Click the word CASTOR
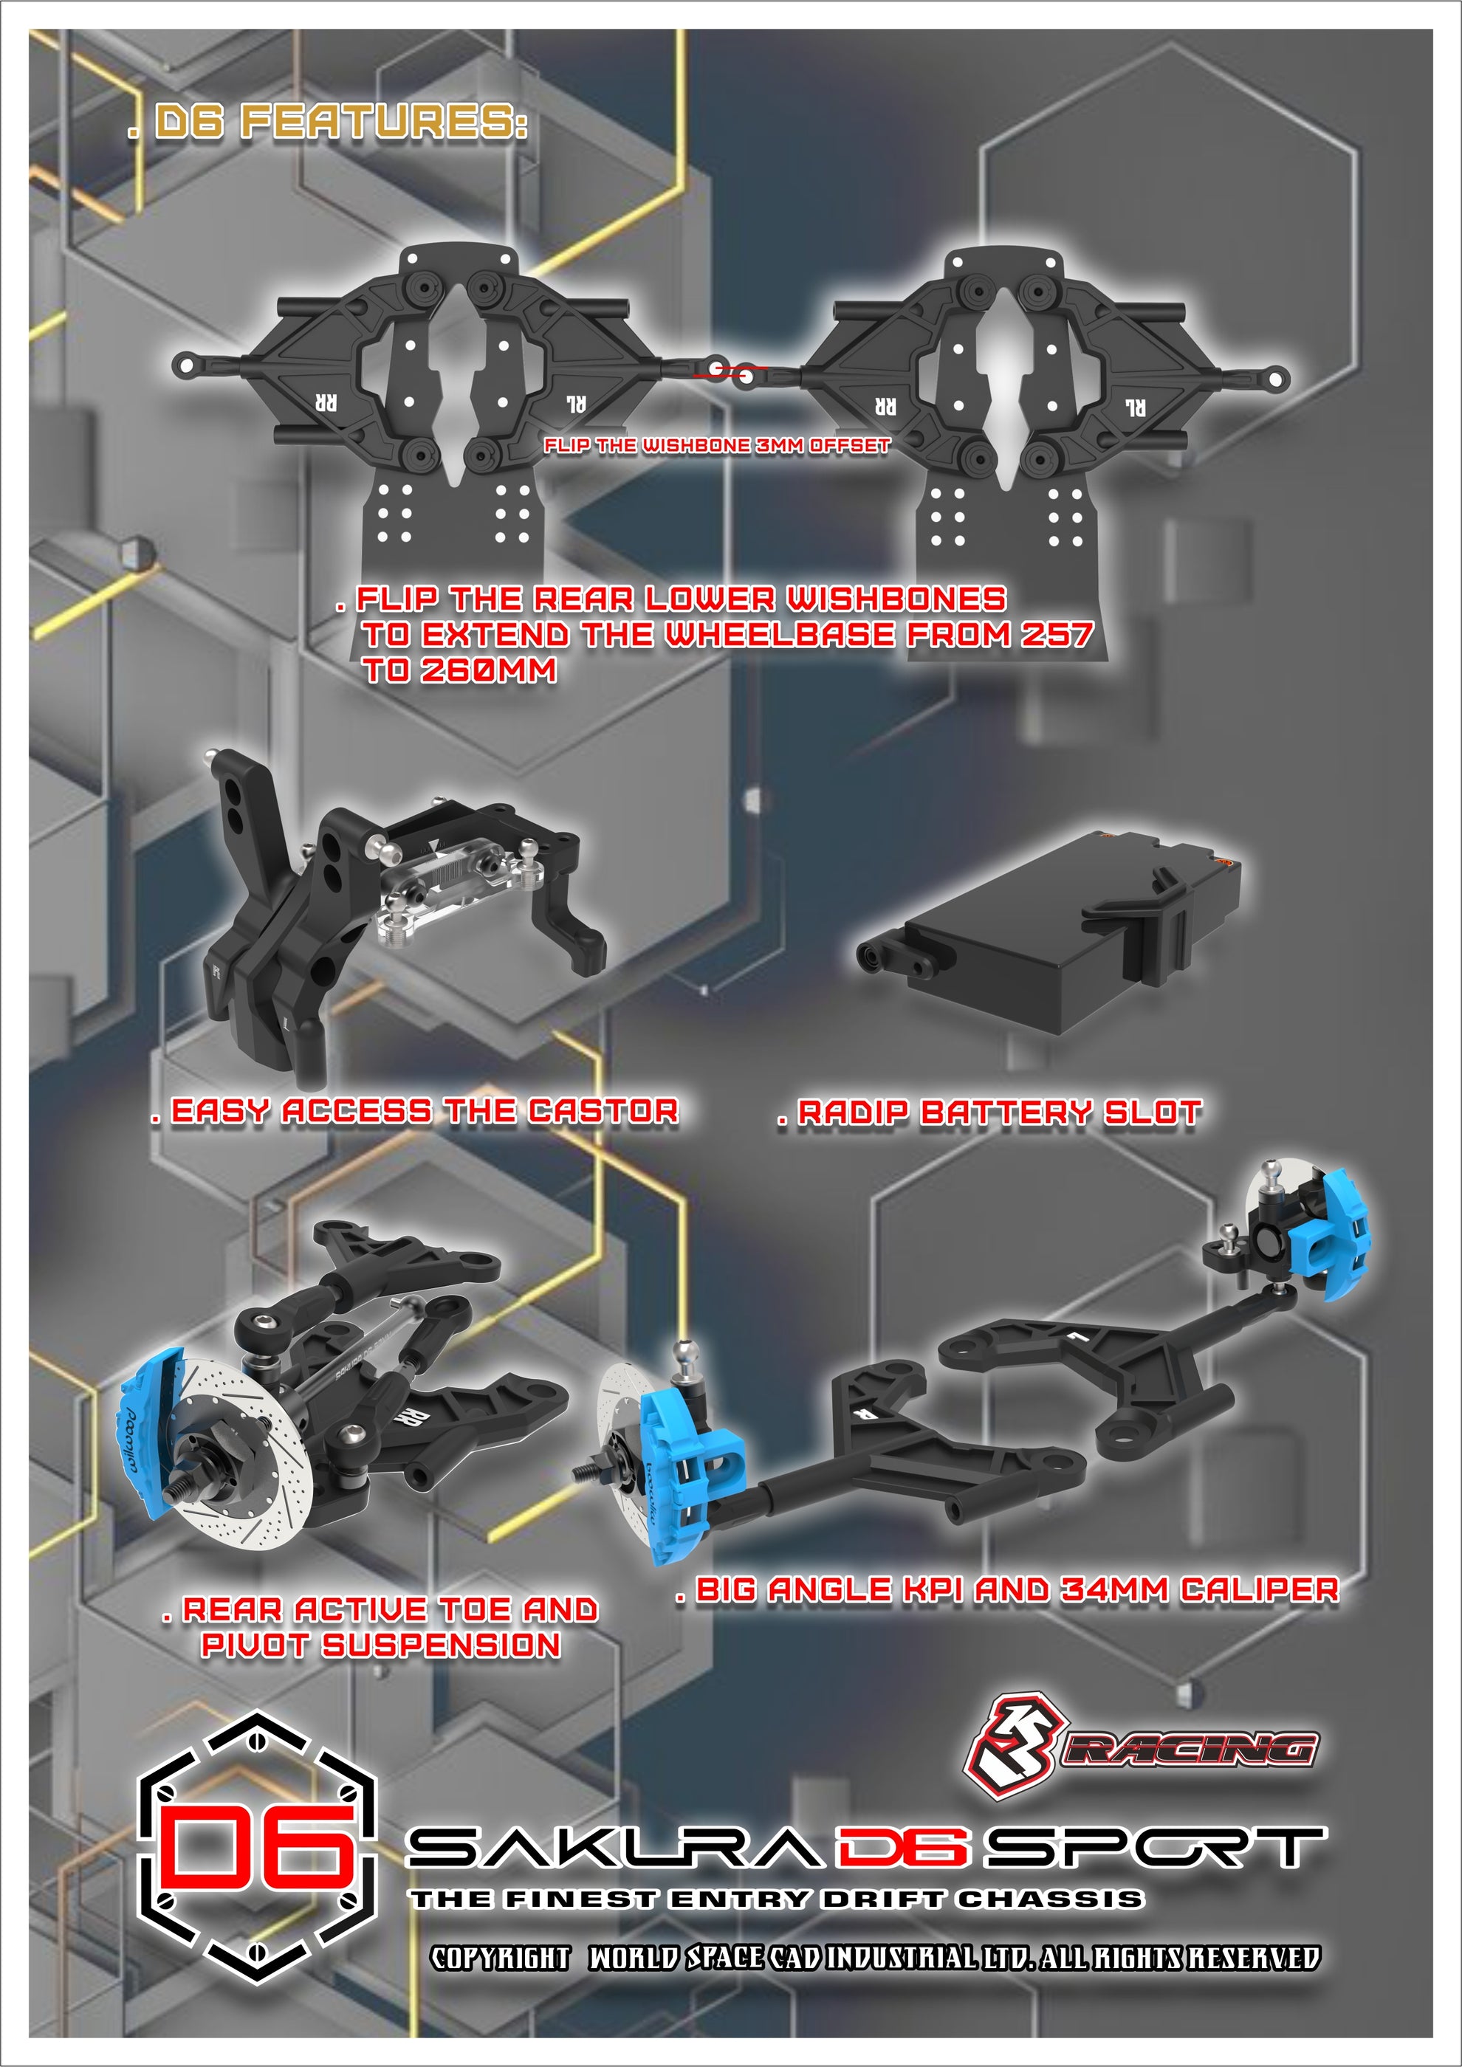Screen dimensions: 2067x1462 coord(603,1111)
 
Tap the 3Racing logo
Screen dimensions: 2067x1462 coord(1139,1747)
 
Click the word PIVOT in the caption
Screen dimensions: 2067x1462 coord(255,1645)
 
